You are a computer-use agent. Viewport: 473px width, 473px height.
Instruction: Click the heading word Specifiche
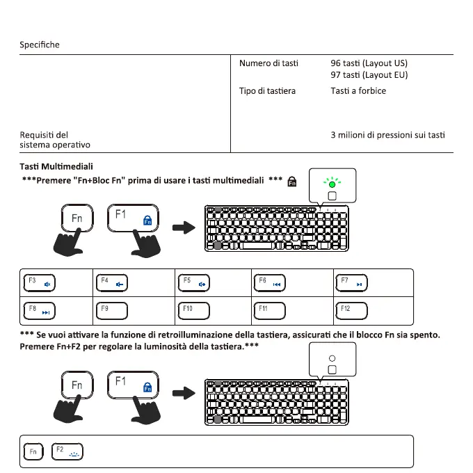40,45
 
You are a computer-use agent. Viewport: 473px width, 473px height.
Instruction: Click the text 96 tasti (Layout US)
369,63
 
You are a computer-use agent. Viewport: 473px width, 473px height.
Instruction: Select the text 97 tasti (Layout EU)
369,75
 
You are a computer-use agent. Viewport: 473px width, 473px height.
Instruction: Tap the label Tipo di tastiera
267,91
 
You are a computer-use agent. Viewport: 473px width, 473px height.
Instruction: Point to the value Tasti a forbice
358,91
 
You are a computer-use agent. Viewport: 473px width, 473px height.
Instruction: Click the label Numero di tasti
268,63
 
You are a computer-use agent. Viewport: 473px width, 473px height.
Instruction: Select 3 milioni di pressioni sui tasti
387,135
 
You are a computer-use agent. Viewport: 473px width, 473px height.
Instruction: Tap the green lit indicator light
331,184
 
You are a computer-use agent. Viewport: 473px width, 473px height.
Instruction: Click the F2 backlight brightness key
67,452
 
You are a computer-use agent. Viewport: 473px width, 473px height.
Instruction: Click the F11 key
270,310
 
